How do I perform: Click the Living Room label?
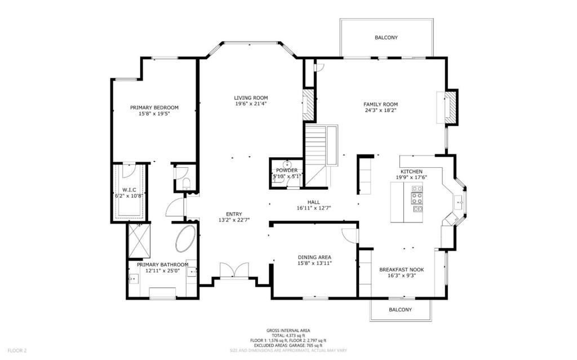pos(251,98)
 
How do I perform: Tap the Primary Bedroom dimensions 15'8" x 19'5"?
pos(154,114)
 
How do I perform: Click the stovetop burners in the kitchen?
pos(417,199)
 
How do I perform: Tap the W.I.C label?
pos(129,190)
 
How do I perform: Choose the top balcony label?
pos(386,38)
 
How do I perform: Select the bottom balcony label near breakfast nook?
pos(401,310)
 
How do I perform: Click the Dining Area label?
pos(314,257)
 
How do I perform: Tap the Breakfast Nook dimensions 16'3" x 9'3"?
pos(401,275)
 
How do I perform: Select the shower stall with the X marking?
pos(139,241)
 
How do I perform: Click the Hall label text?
pos(313,202)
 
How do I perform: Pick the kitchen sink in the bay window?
pos(458,202)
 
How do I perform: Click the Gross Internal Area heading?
pos(288,331)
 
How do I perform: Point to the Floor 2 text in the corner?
pos(17,351)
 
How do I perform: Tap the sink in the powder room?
pos(287,164)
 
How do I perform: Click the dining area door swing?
pos(349,235)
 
